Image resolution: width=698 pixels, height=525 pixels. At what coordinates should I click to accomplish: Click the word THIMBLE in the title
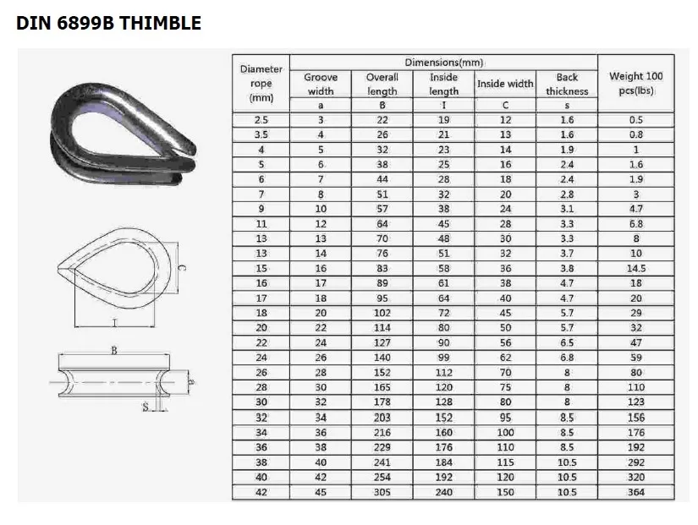[x=160, y=23]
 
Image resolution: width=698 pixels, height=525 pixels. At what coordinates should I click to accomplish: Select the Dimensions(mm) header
[x=444, y=63]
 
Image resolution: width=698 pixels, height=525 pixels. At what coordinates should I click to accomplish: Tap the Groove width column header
[x=321, y=84]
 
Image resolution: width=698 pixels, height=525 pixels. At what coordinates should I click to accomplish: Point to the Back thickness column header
[x=567, y=84]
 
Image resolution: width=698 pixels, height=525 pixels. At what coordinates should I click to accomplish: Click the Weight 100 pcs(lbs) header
[x=635, y=83]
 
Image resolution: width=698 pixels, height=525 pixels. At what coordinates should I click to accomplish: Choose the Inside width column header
[x=505, y=84]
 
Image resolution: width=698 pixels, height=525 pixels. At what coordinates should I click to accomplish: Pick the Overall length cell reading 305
[x=382, y=492]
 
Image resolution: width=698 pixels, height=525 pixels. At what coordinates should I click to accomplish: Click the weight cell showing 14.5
[x=636, y=268]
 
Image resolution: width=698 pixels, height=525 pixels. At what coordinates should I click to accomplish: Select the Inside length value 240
[x=444, y=492]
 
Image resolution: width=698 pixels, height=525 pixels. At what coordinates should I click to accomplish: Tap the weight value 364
[x=636, y=492]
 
